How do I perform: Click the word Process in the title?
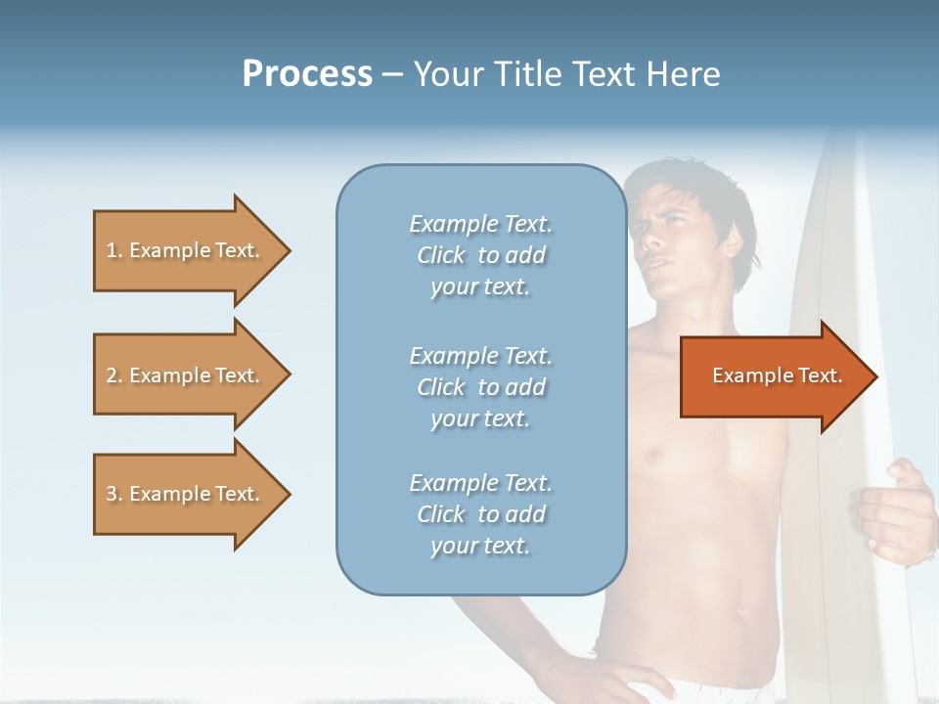click(307, 74)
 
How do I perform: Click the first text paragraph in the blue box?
click(480, 255)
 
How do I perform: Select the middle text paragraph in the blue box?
click(480, 387)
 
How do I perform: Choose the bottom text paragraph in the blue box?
click(480, 514)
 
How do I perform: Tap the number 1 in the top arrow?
click(112, 250)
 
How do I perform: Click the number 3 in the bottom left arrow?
click(112, 494)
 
